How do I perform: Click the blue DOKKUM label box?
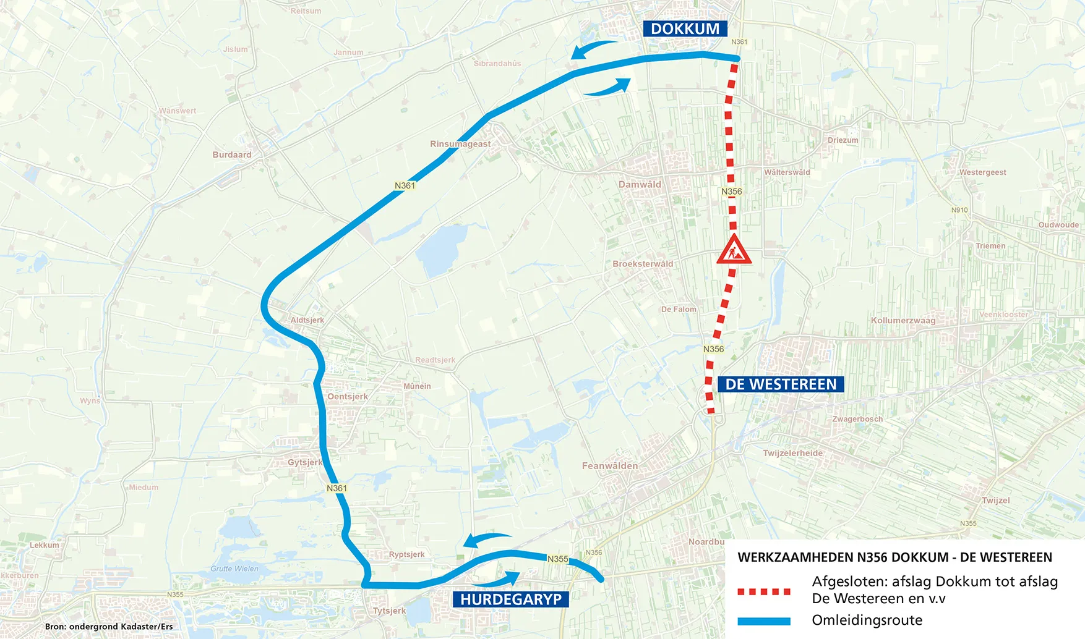[x=685, y=29]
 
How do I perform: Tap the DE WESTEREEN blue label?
[x=781, y=384]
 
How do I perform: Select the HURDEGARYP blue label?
[x=510, y=599]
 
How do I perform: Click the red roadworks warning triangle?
[x=734, y=250]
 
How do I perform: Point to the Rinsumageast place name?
[x=460, y=144]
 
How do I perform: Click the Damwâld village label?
[x=640, y=184]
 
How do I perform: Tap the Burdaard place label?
[x=232, y=154]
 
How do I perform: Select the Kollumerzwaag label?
[x=903, y=320]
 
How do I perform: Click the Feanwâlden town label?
[x=609, y=465]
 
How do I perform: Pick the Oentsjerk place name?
[x=347, y=397]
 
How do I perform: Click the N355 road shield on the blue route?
[x=557, y=559]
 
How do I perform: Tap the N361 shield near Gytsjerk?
[x=337, y=488]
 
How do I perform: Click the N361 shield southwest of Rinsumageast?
[x=405, y=185]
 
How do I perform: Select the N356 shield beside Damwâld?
[x=732, y=192]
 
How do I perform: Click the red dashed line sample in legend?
[x=764, y=591]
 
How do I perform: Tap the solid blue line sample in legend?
[x=764, y=621]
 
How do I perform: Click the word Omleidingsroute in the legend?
[x=867, y=620]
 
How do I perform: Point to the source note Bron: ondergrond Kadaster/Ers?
[x=109, y=626]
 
